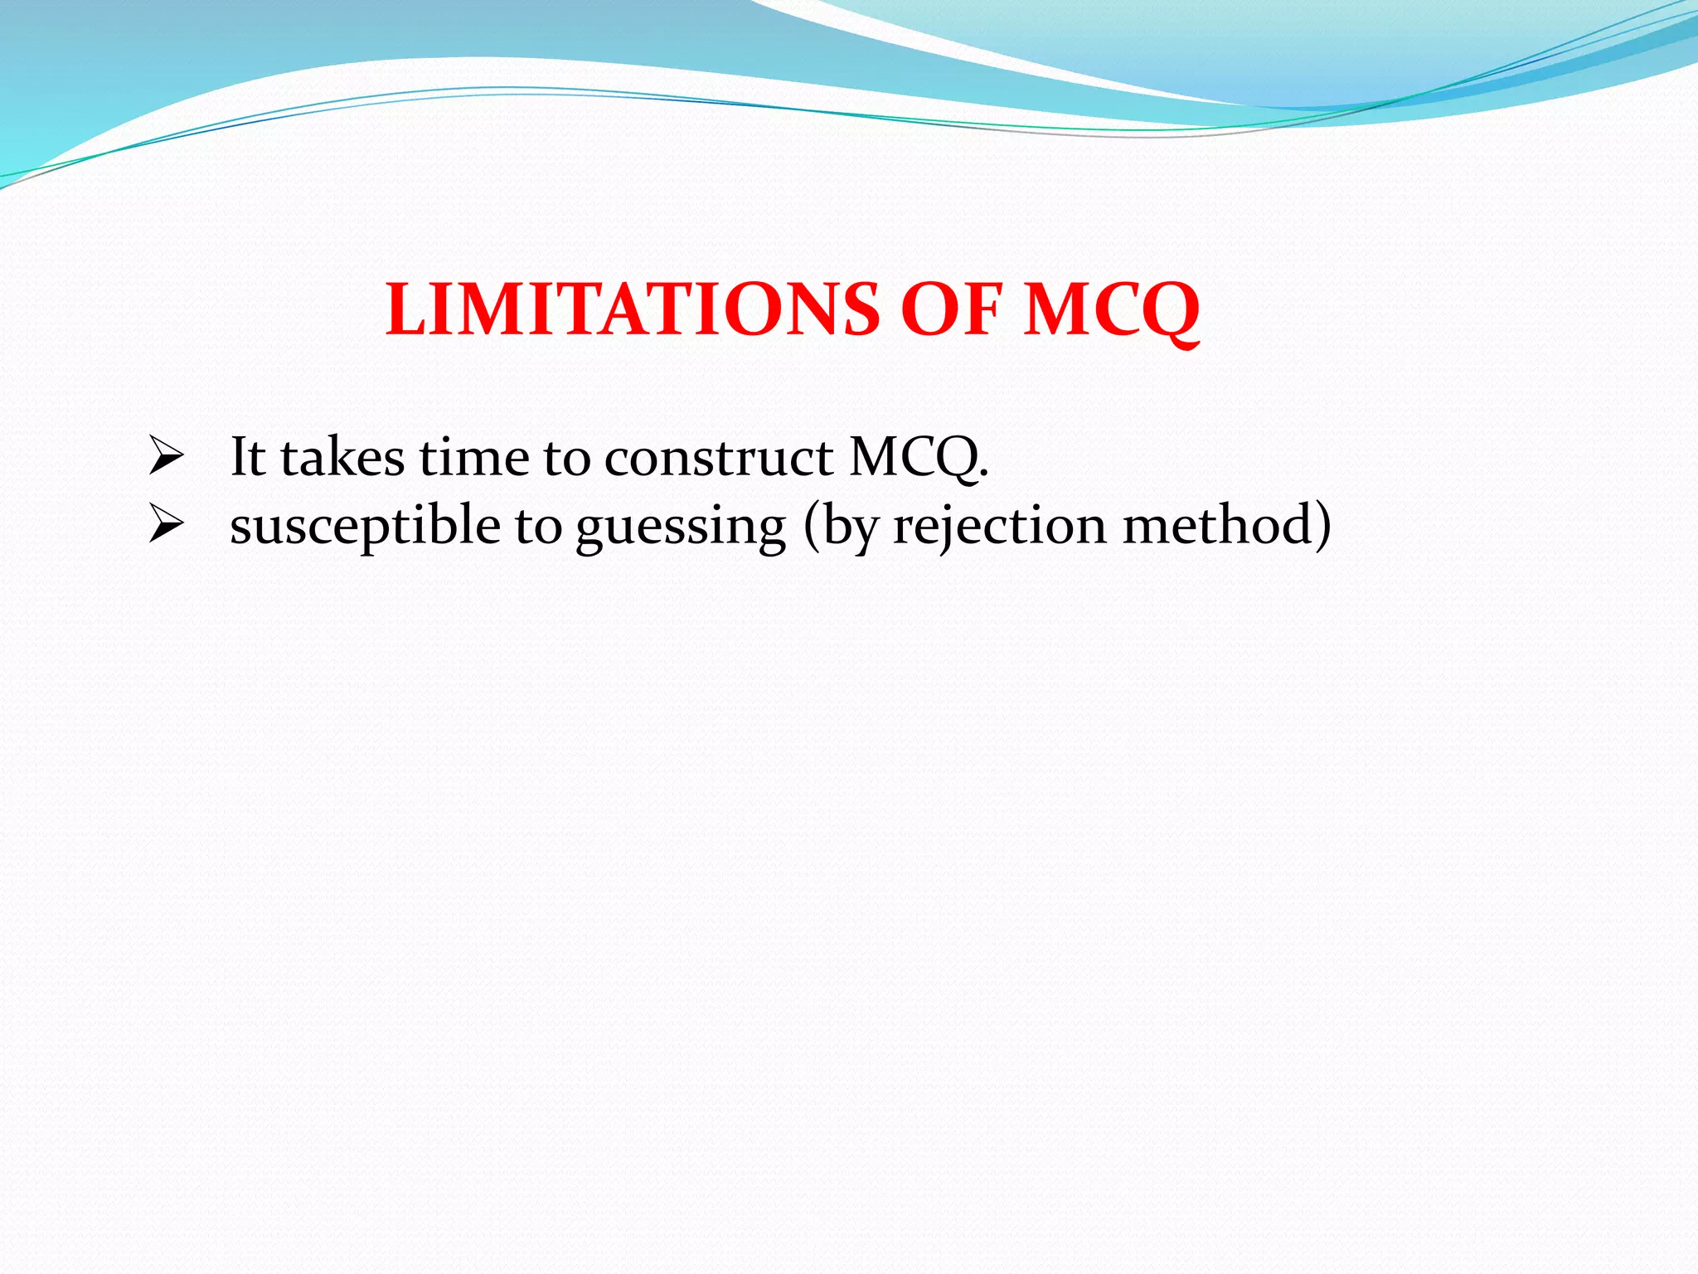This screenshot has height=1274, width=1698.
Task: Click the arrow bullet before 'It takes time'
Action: [165, 457]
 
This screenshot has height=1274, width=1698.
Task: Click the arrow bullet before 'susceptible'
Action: [165, 526]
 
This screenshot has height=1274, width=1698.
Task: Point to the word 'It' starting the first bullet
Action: [247, 457]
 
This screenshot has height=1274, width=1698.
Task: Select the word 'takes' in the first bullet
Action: [342, 457]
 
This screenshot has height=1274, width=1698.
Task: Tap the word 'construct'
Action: [718, 457]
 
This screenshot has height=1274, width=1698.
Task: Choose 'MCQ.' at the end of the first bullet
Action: [919, 457]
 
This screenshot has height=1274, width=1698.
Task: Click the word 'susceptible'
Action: [366, 526]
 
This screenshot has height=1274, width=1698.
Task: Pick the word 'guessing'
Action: [681, 526]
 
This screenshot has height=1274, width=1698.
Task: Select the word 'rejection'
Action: [999, 526]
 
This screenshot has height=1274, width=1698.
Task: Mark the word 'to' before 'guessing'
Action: [538, 526]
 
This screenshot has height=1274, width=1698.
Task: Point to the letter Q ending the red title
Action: [1164, 311]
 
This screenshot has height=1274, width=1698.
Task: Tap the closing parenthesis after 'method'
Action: [1322, 526]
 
